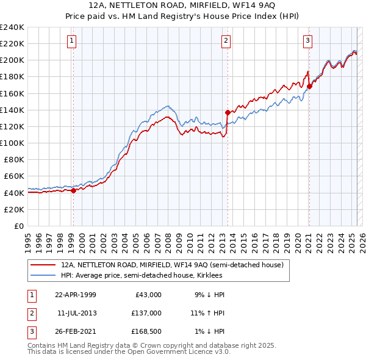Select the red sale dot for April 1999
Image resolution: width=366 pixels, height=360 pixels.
tap(73, 190)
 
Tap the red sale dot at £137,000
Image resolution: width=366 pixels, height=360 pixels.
tap(228, 112)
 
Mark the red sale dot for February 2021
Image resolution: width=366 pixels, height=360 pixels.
tap(309, 86)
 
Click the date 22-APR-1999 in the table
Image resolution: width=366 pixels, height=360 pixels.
tap(75, 295)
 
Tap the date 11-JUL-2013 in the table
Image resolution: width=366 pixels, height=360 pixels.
tap(76, 313)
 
